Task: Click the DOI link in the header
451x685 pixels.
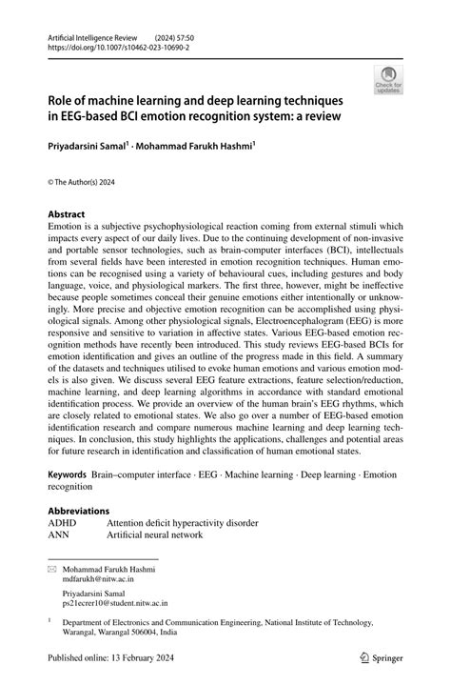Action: (x=115, y=44)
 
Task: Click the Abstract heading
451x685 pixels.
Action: (x=67, y=214)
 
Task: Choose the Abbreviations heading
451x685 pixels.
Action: (x=79, y=511)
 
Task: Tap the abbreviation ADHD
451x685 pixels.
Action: (x=64, y=523)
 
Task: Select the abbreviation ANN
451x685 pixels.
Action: (x=61, y=535)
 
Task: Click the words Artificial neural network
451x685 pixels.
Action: (x=155, y=535)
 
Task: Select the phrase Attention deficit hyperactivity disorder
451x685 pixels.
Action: (x=183, y=523)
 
